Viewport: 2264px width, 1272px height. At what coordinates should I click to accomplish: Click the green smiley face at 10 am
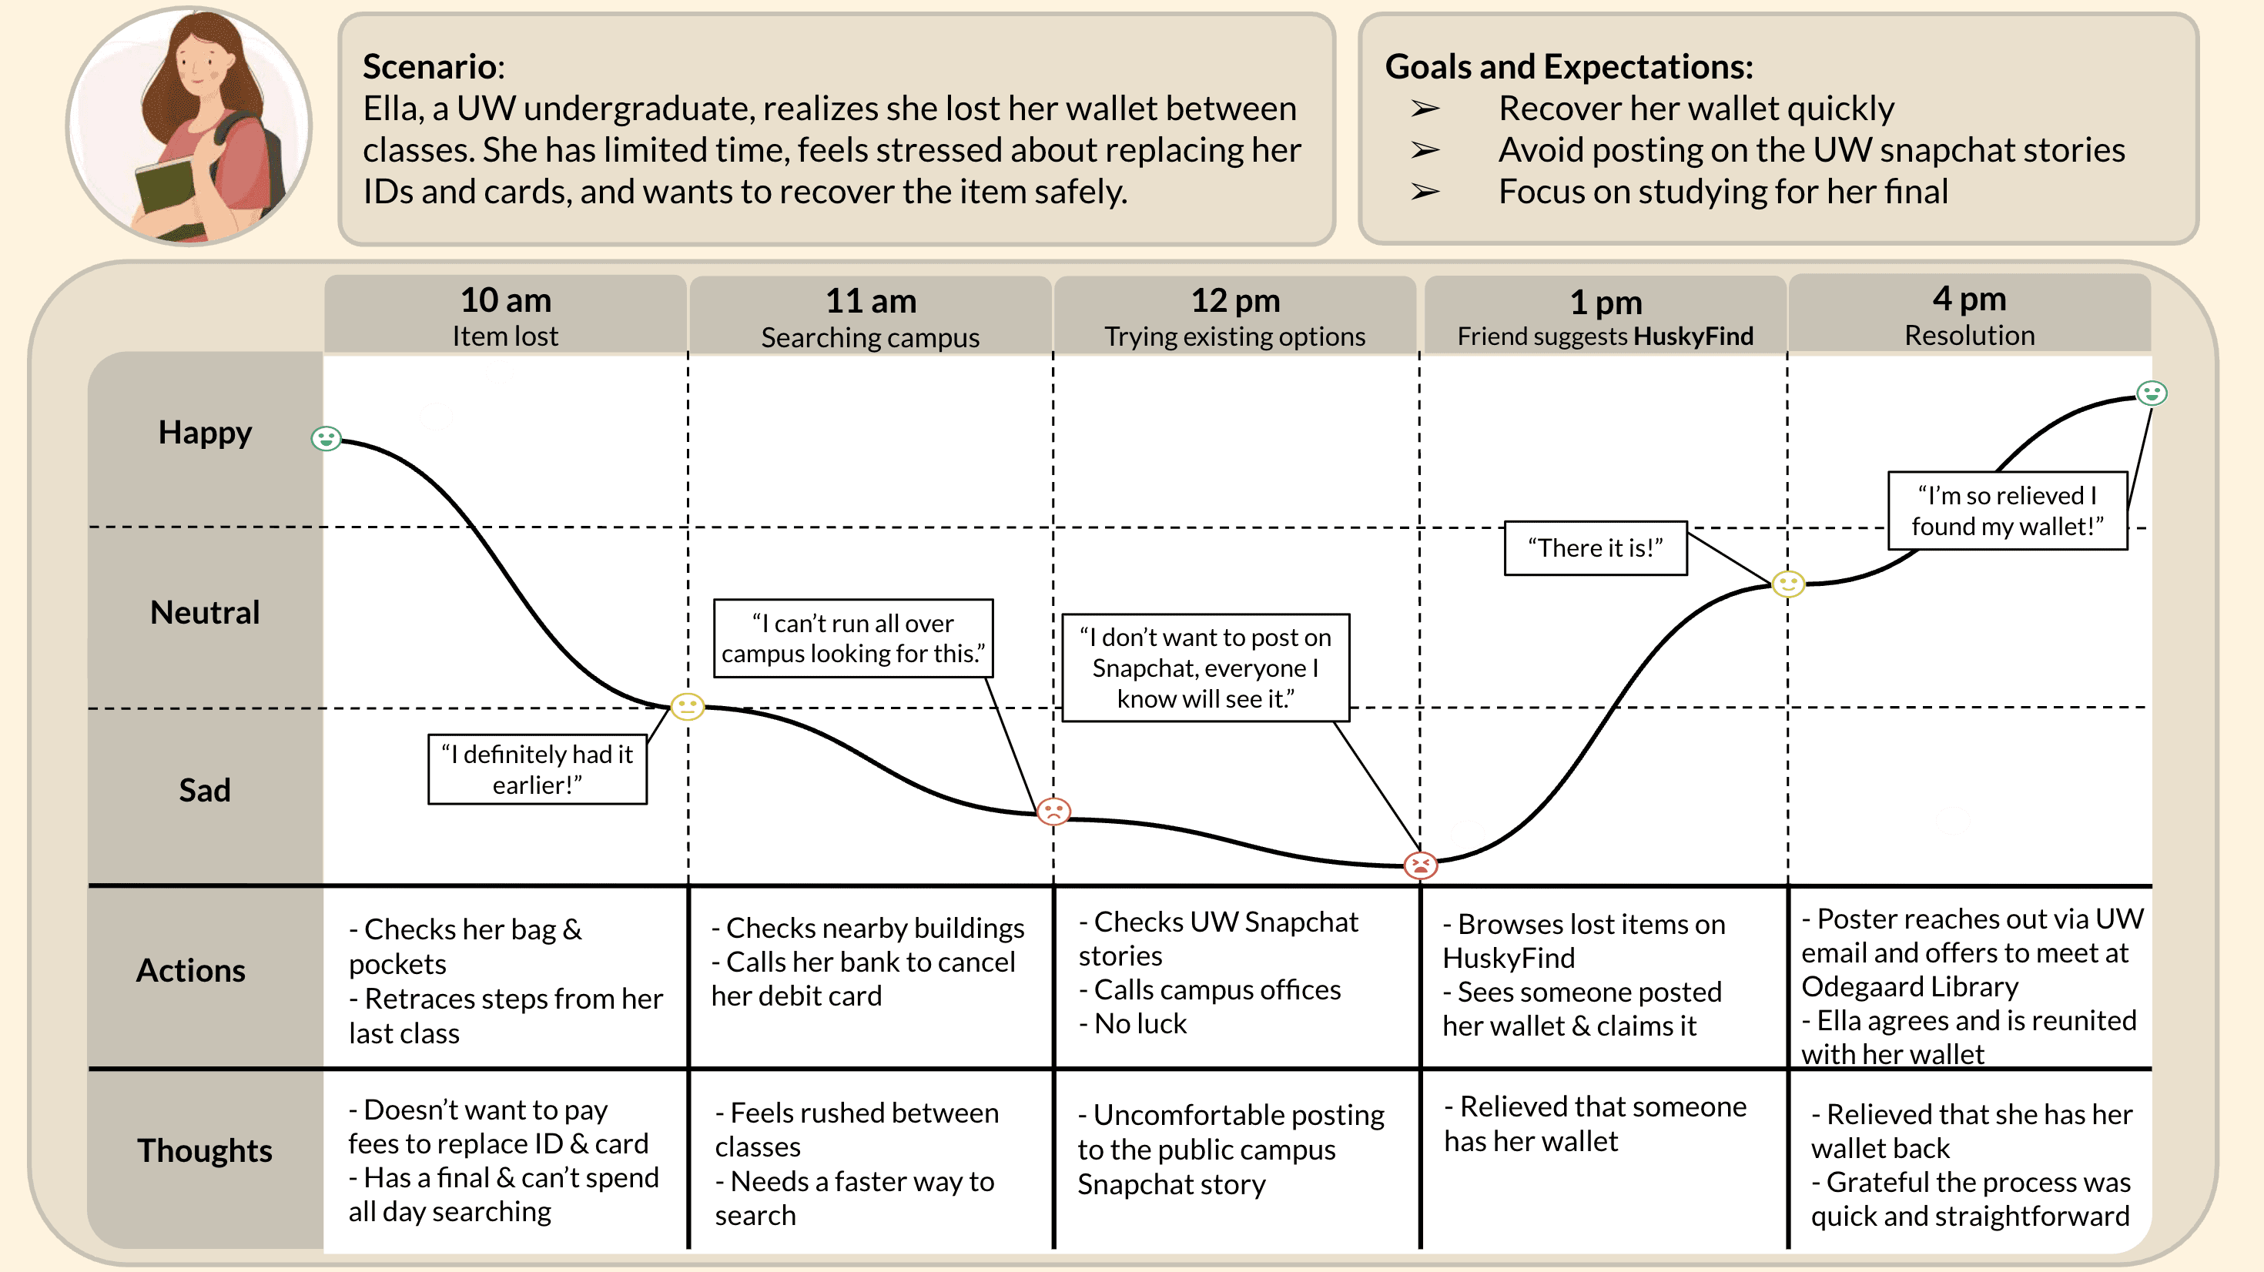(x=326, y=438)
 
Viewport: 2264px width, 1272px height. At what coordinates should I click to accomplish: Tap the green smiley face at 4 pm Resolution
(x=2152, y=393)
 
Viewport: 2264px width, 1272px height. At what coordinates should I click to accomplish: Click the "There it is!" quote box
(x=1595, y=547)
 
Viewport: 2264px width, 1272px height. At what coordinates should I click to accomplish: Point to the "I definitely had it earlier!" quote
(x=537, y=769)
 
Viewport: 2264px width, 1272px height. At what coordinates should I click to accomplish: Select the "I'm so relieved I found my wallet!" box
(x=2008, y=510)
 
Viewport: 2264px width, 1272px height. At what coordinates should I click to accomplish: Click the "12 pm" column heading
(x=1235, y=300)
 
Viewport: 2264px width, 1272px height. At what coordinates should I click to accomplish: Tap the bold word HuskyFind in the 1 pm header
(x=1693, y=336)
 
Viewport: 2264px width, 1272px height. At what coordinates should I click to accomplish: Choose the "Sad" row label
(x=205, y=789)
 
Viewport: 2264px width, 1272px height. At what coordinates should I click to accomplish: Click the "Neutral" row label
(x=205, y=612)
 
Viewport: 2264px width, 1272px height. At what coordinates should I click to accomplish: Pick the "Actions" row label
(x=191, y=969)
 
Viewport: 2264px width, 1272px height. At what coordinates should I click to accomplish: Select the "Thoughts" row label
(x=205, y=1150)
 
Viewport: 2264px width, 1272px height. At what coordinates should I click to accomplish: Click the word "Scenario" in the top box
(x=430, y=66)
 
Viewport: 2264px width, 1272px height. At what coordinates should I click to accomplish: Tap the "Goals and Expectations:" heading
(x=1569, y=66)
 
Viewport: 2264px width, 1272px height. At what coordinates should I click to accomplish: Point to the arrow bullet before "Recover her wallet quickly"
(x=1425, y=109)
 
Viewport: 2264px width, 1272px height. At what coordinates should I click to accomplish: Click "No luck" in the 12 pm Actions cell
(x=1140, y=1023)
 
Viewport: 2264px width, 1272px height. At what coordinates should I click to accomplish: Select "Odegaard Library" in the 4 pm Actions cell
(x=1910, y=986)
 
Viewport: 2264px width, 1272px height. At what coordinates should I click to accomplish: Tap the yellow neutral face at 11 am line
(x=687, y=706)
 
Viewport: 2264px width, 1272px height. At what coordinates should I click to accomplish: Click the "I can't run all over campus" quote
(x=852, y=638)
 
